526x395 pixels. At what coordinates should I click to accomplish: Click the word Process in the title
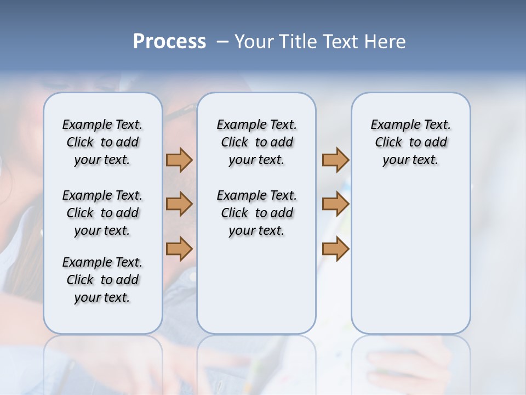coord(169,42)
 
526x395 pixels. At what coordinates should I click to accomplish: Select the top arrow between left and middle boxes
coord(179,160)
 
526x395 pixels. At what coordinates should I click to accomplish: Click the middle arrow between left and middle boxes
coord(179,204)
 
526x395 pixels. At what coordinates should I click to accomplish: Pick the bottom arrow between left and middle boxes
coord(179,249)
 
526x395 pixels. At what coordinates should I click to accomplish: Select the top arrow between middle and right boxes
coord(335,160)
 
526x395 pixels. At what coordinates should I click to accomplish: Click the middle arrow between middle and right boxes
coord(335,204)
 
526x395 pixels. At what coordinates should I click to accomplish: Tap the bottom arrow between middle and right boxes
coord(335,249)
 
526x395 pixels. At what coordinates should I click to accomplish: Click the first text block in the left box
coord(102,142)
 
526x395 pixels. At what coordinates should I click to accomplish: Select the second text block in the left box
coord(102,213)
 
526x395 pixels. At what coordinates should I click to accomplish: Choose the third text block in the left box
coord(102,280)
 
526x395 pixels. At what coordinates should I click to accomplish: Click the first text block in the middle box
coord(256,142)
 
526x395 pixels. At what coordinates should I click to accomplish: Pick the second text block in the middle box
coord(256,213)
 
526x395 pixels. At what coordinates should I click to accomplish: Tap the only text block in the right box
coord(410,142)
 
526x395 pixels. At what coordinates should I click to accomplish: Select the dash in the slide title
coord(222,42)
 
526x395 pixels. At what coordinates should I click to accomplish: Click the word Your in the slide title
coord(254,42)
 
